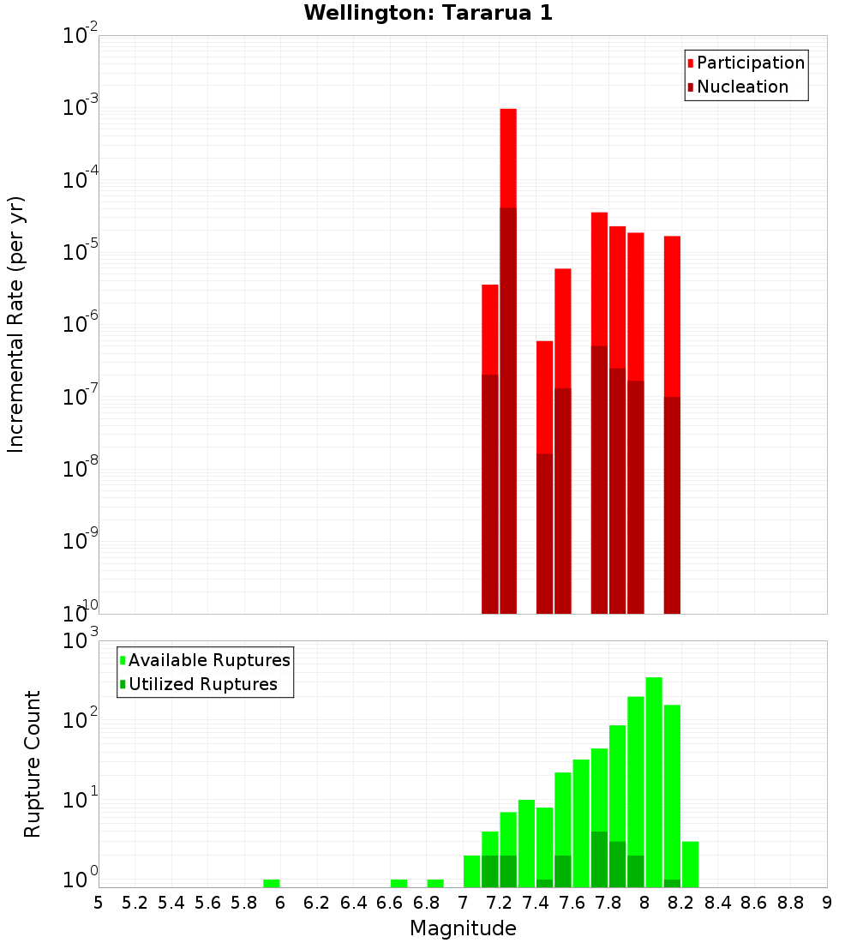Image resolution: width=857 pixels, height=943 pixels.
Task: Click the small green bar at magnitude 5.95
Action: coord(272,883)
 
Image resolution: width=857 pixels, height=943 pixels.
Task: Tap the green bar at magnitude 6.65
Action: coord(399,883)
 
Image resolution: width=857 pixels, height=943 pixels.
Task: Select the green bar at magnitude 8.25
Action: coord(690,864)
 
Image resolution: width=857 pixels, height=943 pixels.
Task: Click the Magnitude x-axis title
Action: coord(463,928)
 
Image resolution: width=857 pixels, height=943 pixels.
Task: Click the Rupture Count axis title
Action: coord(33,763)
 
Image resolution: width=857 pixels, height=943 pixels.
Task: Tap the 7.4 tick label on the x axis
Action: coord(536,903)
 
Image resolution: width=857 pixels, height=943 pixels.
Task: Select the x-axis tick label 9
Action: coord(826,903)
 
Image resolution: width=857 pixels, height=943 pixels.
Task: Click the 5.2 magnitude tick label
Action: coord(135,903)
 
